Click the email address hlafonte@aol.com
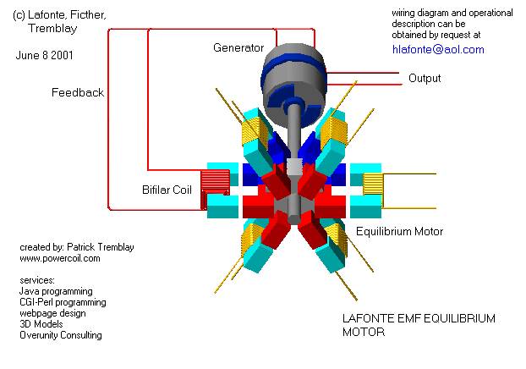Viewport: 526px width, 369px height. (438, 50)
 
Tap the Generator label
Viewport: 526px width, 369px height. (238, 48)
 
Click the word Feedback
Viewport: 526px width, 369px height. (78, 93)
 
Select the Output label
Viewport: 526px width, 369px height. (425, 79)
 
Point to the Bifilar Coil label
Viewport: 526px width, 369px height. (172, 189)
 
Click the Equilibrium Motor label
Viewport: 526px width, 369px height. (399, 231)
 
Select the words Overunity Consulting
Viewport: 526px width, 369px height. (60, 335)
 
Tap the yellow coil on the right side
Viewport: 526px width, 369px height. (373, 188)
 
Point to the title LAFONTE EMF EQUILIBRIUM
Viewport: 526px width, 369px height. (418, 319)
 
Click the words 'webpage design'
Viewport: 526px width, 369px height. (55, 313)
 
